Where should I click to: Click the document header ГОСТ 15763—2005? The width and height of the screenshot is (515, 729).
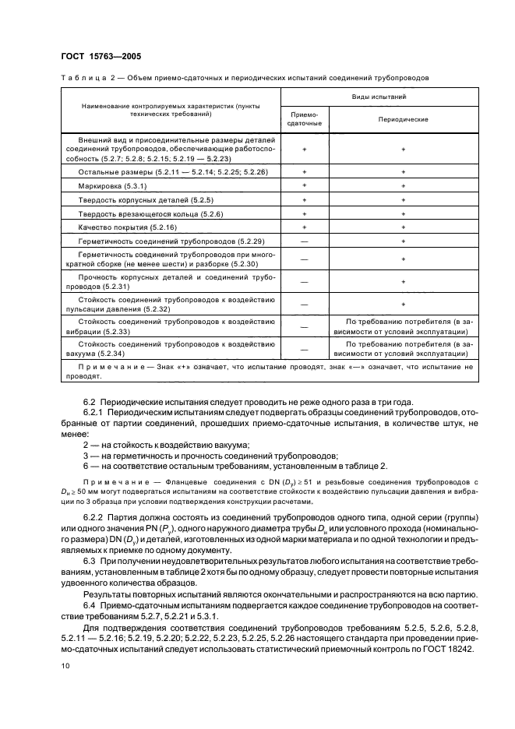click(x=97, y=56)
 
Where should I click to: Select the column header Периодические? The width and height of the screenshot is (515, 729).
click(x=403, y=120)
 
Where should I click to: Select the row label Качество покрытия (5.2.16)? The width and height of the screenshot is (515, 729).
click(x=118, y=227)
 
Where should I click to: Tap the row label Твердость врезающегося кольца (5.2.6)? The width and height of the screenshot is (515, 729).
click(x=140, y=214)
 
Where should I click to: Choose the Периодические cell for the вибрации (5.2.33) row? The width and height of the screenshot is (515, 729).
click(x=403, y=326)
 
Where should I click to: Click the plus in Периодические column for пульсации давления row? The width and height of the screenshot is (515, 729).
click(x=403, y=304)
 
